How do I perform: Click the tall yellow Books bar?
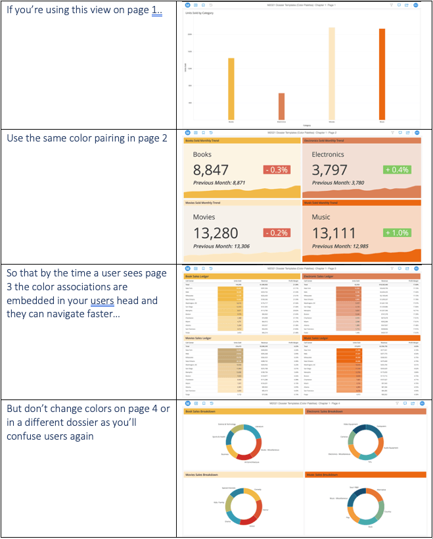click(231, 89)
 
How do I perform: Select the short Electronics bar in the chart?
click(281, 106)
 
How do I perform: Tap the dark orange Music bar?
click(382, 74)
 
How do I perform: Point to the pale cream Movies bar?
click(332, 74)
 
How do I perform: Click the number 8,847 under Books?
click(211, 170)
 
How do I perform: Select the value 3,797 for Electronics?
click(330, 170)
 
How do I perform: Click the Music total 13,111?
click(334, 232)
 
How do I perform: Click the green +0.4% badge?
click(396, 170)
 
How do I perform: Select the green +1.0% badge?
click(396, 232)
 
